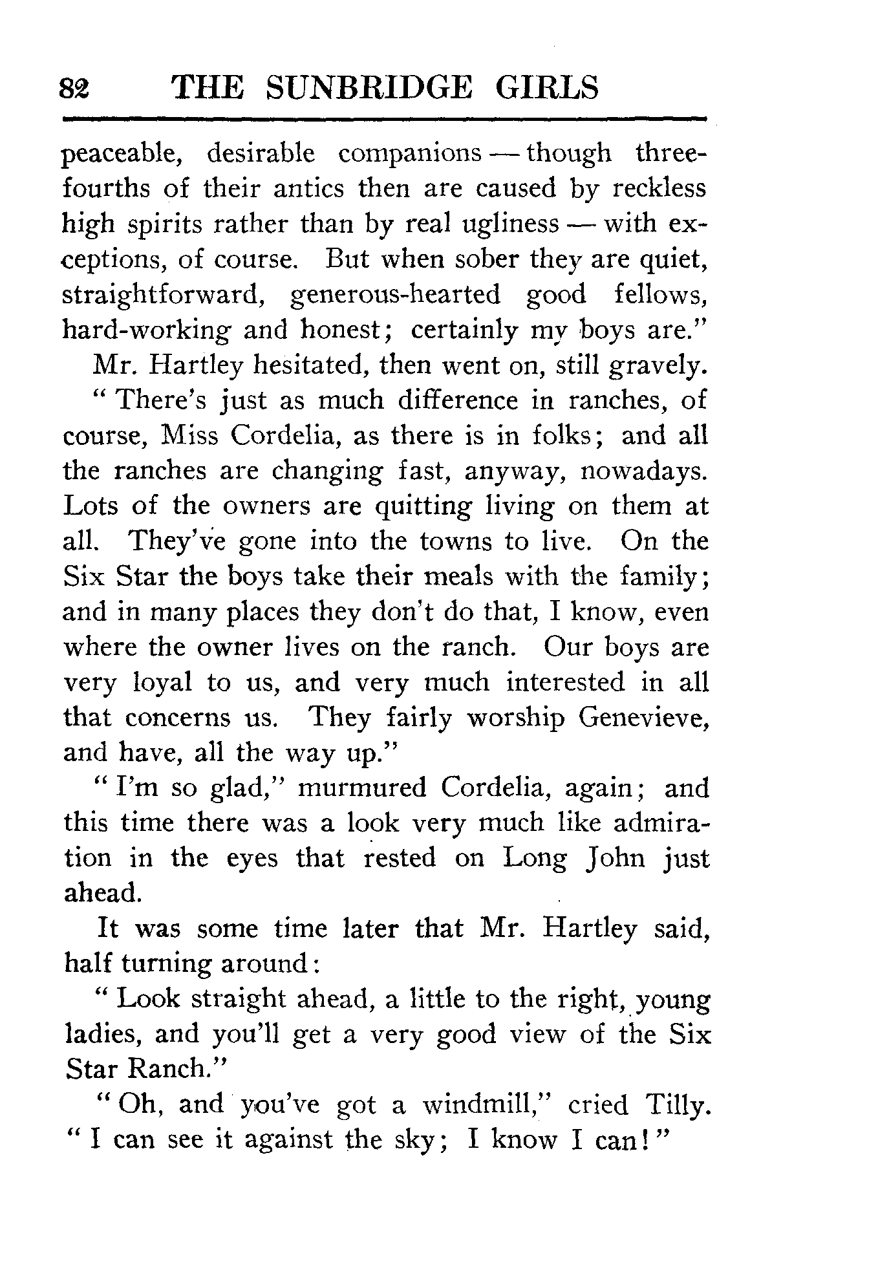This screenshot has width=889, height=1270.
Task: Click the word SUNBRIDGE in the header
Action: pyautogui.click(x=369, y=88)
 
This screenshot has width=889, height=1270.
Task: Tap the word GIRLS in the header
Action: pyautogui.click(x=547, y=88)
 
